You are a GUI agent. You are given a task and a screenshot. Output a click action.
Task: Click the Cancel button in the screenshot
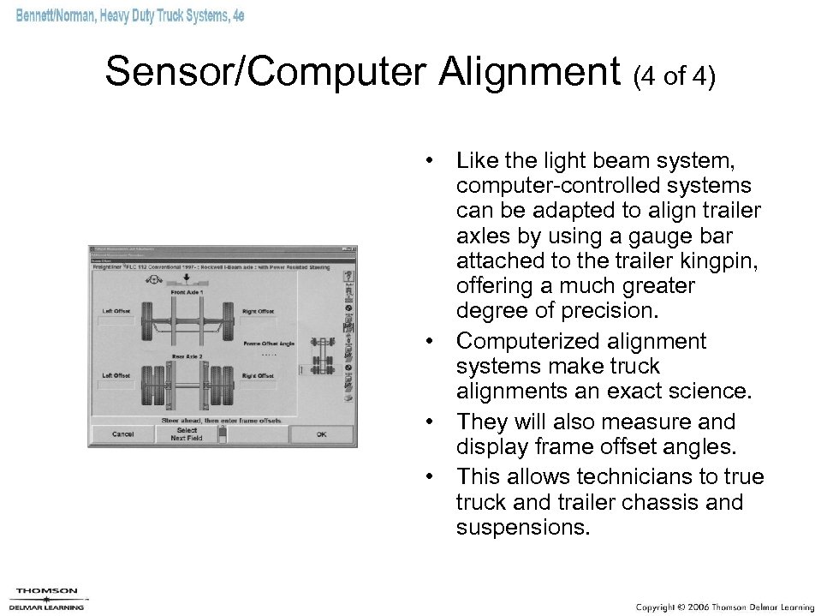tap(123, 434)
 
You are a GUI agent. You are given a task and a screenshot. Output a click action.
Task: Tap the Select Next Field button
tap(187, 434)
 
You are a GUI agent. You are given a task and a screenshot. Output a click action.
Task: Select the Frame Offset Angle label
tap(267, 343)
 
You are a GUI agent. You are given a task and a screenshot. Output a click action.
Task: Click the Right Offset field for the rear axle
tap(258, 386)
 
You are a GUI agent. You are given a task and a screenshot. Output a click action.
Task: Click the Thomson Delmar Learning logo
tap(48, 597)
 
